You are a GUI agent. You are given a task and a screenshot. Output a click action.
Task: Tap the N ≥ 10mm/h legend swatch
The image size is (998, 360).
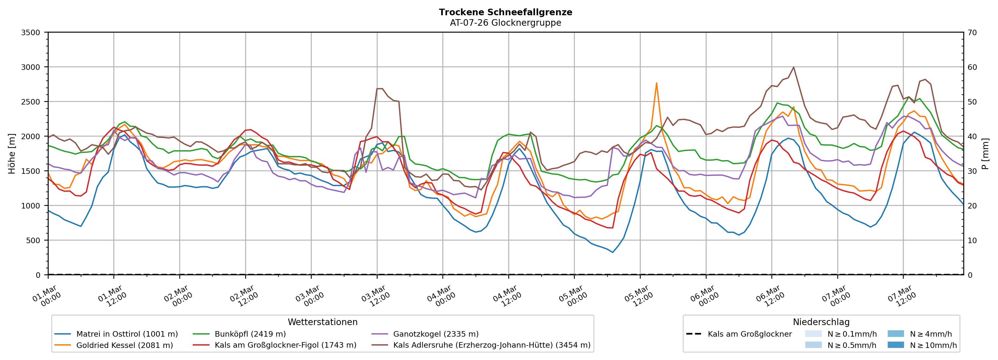[x=895, y=345]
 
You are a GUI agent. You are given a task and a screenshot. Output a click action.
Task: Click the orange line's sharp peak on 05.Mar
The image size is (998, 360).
[x=656, y=83]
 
